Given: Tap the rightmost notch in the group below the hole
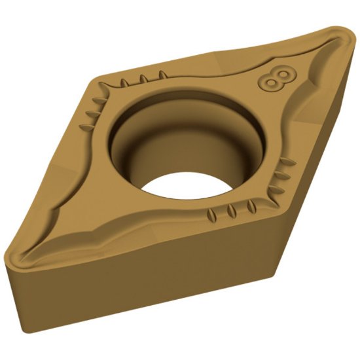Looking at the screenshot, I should (251, 207).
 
